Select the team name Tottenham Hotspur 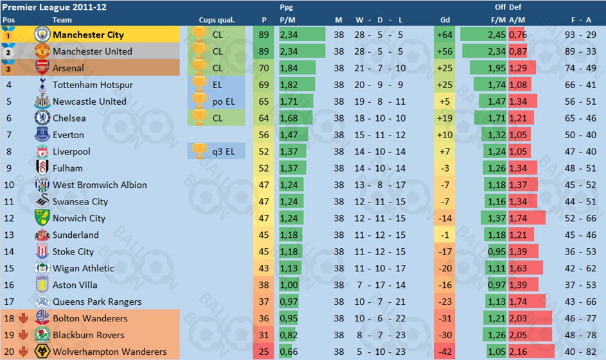click(x=93, y=85)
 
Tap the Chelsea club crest click(x=42, y=118)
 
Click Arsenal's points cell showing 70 click(x=264, y=68)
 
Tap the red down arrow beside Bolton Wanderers click(x=22, y=319)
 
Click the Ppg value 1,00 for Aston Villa click(x=289, y=285)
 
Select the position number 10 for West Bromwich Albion click(x=9, y=185)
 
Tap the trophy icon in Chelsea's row click(x=199, y=118)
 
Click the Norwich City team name click(x=78, y=218)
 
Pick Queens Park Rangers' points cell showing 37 click(x=264, y=301)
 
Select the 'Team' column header click(x=62, y=20)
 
